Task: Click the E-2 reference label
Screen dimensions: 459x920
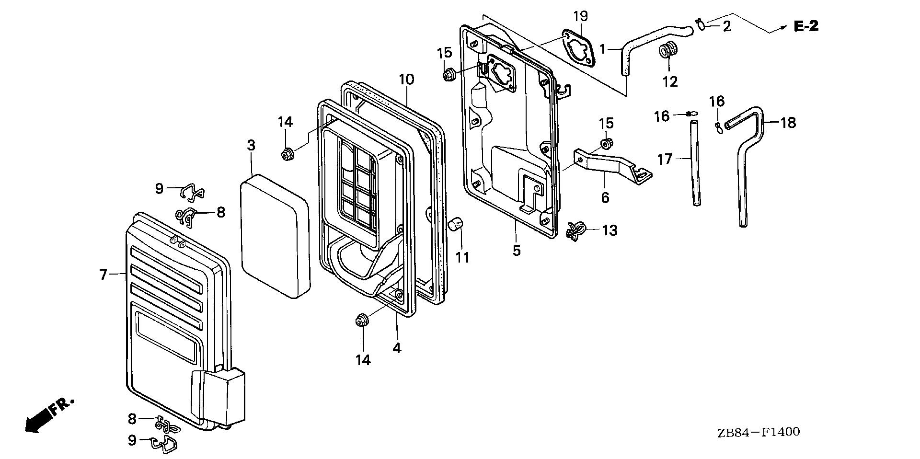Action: (806, 27)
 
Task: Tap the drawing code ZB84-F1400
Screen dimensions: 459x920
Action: (758, 433)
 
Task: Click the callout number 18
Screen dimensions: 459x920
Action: (788, 123)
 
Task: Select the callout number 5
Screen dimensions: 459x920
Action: (516, 251)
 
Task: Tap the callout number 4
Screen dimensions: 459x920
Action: (396, 348)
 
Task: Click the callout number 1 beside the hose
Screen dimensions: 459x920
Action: (603, 48)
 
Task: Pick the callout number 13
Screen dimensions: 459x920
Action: (609, 230)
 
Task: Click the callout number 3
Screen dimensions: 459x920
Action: (251, 145)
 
